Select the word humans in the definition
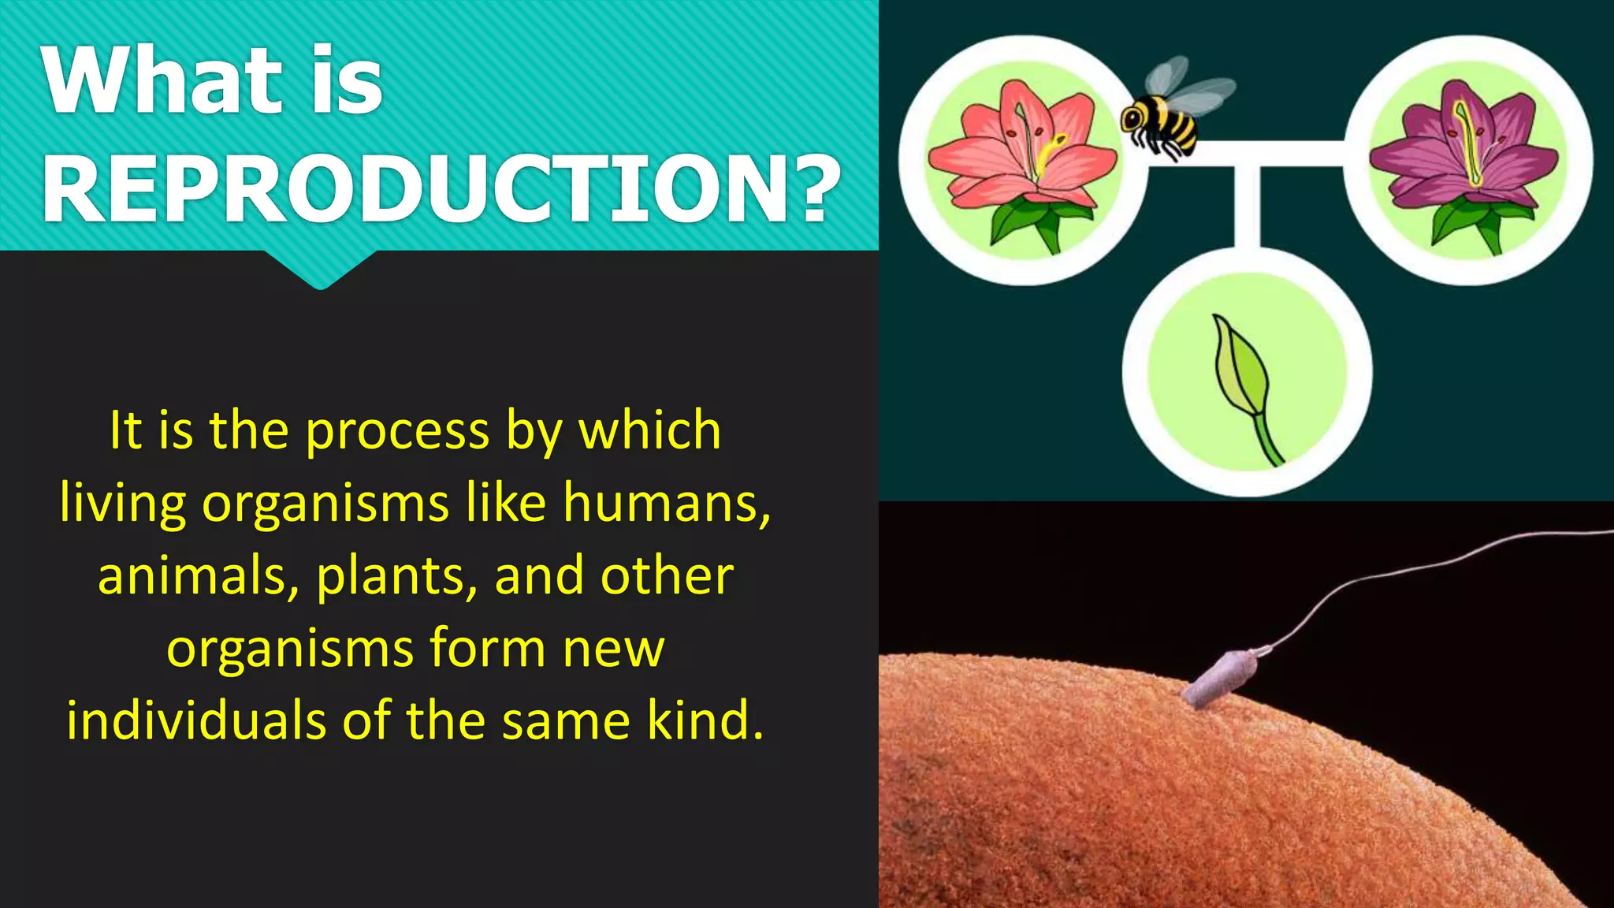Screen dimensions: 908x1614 point(661,503)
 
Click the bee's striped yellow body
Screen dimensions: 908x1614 point(1171,122)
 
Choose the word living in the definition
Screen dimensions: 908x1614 point(123,503)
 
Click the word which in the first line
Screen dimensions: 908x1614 point(649,431)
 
